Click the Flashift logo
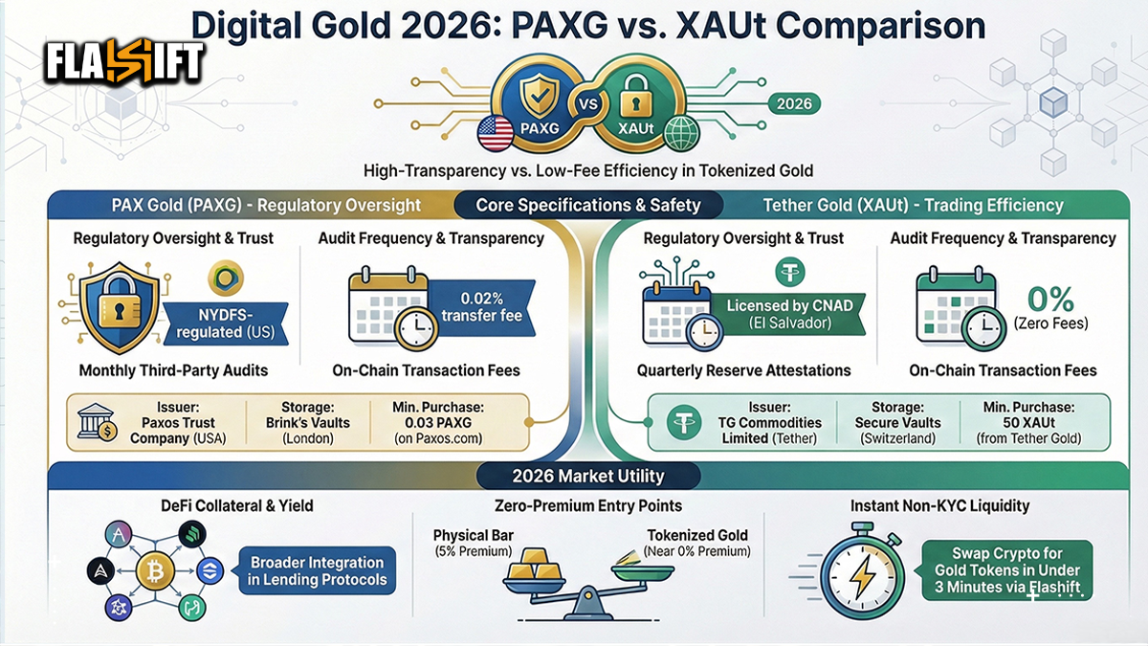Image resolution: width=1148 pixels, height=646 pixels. coord(125,61)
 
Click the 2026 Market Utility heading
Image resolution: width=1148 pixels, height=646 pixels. coord(574,476)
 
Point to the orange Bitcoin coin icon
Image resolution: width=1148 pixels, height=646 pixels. coord(153,573)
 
